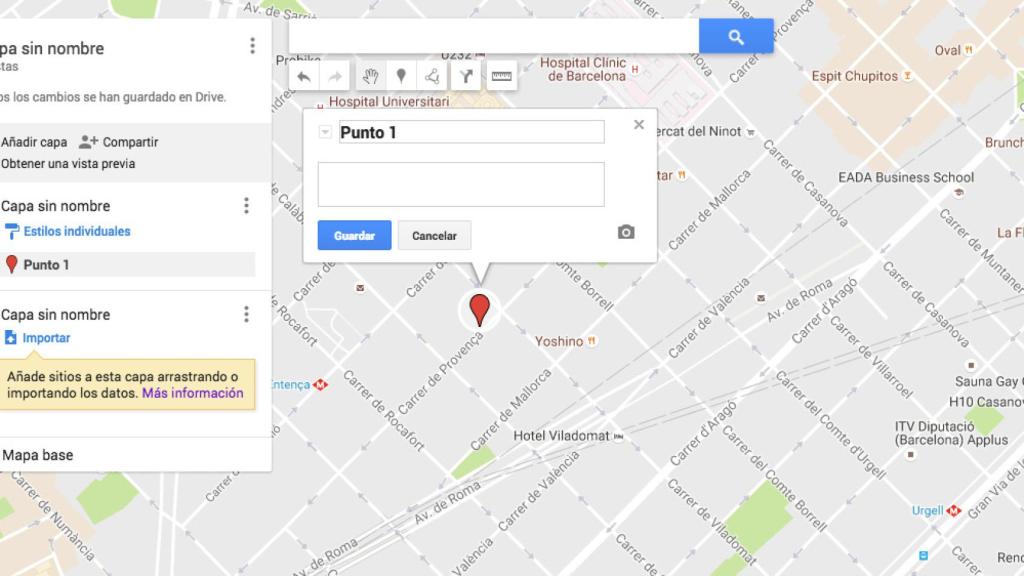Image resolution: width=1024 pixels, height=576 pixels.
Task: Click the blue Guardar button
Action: (x=354, y=236)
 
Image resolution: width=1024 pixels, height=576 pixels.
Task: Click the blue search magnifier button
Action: (x=736, y=37)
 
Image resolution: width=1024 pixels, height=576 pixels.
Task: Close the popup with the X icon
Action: (x=639, y=125)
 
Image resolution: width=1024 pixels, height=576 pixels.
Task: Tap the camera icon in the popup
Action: (x=626, y=232)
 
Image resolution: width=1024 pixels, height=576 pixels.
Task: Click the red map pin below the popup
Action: (x=480, y=308)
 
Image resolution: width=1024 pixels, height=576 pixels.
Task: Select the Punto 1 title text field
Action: (x=471, y=132)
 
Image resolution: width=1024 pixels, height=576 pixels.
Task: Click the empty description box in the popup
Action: (x=461, y=184)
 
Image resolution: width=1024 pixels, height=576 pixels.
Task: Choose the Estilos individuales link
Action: (x=77, y=231)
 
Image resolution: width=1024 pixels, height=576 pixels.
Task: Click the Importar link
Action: (x=46, y=338)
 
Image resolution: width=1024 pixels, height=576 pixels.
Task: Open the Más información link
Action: (x=192, y=393)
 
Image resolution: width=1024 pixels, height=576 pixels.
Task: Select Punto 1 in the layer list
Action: (x=47, y=265)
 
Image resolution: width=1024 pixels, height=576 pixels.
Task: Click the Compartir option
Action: (x=130, y=142)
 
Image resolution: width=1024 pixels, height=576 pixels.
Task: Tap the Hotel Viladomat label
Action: (x=561, y=436)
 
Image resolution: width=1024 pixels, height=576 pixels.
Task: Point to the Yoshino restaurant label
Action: (x=558, y=341)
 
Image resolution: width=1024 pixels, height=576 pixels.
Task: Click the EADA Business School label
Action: (x=906, y=177)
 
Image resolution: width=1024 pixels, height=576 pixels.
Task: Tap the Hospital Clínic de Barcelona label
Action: (x=583, y=69)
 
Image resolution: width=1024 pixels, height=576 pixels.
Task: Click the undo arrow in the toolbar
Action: (x=303, y=76)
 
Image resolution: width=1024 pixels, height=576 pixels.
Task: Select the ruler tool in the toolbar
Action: (x=501, y=76)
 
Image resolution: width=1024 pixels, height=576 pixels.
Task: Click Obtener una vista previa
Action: (x=68, y=164)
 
